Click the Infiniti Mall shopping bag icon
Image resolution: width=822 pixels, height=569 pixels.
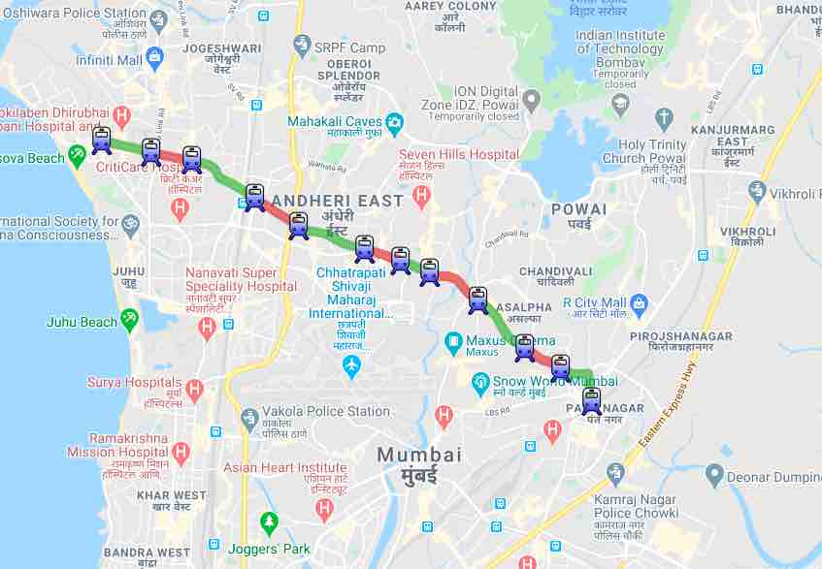pos(155,58)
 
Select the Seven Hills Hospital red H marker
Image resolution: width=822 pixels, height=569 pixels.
pos(421,197)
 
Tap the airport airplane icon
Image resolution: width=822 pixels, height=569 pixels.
pos(351,366)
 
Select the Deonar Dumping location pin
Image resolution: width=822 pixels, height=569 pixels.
pos(715,475)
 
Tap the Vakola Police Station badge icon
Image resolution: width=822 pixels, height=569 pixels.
pos(249,419)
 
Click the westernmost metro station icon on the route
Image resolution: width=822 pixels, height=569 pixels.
pos(102,141)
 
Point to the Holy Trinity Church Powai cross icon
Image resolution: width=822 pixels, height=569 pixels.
pos(664,119)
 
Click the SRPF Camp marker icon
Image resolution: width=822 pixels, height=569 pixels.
pos(302,45)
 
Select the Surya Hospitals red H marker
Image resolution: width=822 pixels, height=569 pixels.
pos(194,391)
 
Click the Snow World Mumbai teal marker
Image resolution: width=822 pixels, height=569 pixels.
pos(479,385)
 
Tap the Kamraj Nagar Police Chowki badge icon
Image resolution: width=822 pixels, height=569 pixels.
pos(615,473)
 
